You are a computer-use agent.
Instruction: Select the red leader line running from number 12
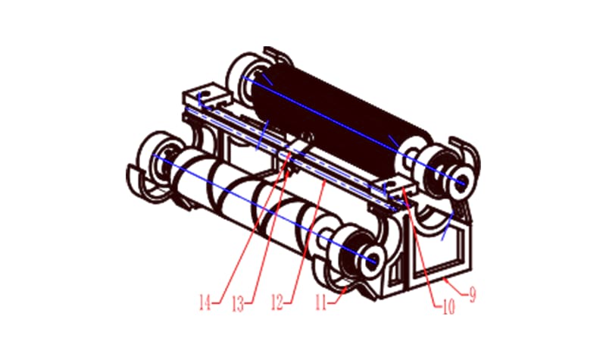point(303,243)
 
